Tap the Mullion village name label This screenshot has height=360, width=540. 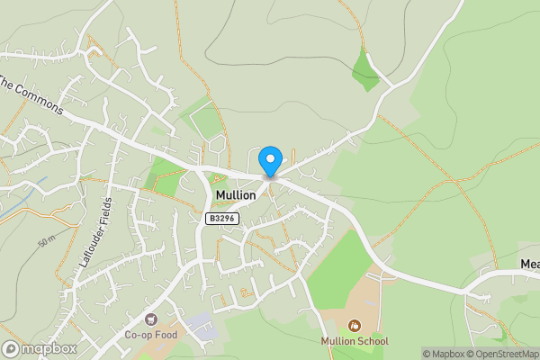tap(236, 195)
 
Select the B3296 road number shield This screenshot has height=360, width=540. tap(222, 219)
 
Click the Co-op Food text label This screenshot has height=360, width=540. tap(151, 335)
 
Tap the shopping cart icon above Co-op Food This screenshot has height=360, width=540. tap(151, 319)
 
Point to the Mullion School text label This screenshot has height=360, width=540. tap(355, 341)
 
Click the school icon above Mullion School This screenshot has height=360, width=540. tap(355, 325)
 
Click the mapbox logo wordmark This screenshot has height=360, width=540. tap(45, 348)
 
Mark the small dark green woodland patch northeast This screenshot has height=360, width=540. tap(365, 69)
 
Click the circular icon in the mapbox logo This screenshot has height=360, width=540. tap(12, 348)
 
